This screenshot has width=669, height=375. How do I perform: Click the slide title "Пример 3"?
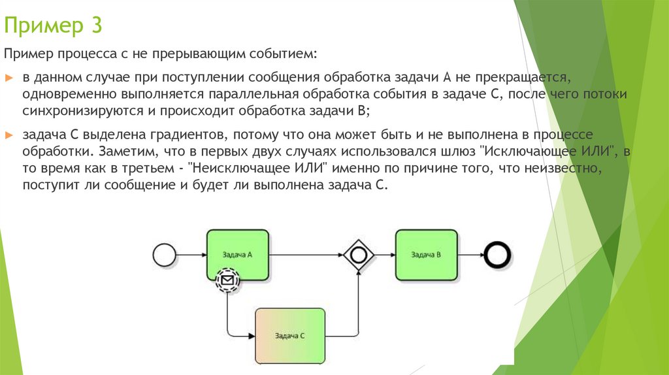tap(52, 27)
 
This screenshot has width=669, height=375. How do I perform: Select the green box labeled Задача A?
tap(237, 254)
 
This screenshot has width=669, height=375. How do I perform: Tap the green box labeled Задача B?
tap(425, 254)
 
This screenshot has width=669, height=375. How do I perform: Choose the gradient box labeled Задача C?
tap(289, 335)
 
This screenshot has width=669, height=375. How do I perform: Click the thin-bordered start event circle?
tap(164, 254)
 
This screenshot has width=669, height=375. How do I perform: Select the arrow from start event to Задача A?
tap(191, 254)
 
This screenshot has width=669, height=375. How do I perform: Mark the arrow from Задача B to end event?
tap(470, 254)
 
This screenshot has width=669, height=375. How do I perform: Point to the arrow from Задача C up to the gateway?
tap(358, 307)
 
